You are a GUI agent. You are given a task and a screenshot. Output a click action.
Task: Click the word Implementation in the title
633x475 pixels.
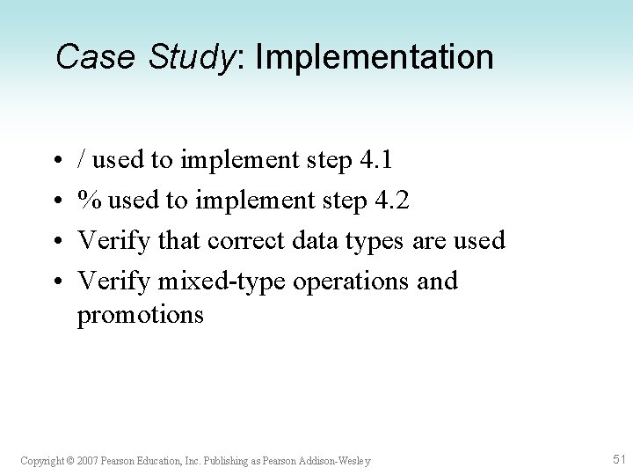[x=375, y=59]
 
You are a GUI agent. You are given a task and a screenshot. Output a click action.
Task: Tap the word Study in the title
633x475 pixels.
[x=193, y=59]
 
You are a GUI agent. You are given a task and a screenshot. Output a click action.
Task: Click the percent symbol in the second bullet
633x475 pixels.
[x=87, y=201]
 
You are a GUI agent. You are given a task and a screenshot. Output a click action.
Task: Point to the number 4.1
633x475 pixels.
[x=377, y=160]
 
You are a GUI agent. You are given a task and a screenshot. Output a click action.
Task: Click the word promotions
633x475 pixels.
[x=141, y=315]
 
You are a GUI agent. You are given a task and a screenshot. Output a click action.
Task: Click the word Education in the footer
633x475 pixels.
[x=152, y=461]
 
